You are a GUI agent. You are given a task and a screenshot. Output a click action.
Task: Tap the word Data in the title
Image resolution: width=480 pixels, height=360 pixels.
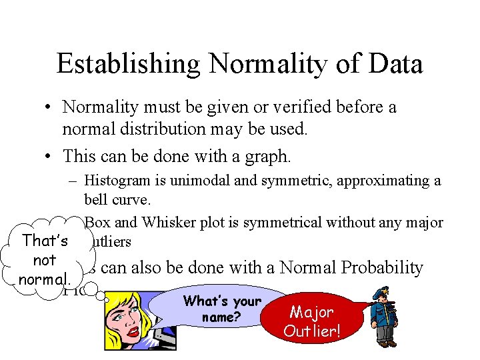[x=395, y=65]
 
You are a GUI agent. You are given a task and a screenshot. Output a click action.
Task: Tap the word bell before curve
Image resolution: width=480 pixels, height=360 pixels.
[x=97, y=199]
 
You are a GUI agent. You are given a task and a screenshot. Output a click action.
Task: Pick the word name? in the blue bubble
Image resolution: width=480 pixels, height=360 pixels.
[x=220, y=317]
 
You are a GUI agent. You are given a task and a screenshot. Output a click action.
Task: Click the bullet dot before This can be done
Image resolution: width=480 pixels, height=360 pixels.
[x=50, y=157]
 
